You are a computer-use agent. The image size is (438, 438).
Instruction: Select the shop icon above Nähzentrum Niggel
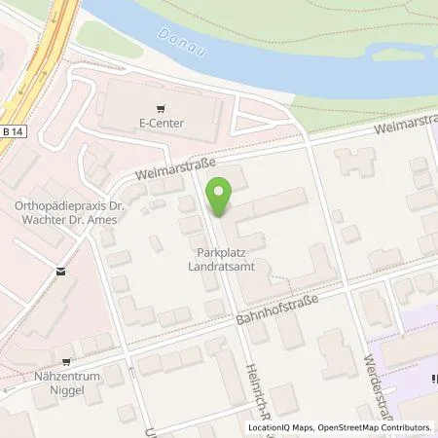pyautogui.click(x=66, y=357)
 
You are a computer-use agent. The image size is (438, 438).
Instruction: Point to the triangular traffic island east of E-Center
pyautogui.click(x=251, y=123)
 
